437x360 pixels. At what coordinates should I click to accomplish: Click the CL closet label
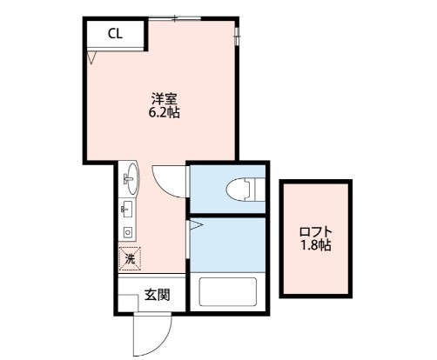point(114,34)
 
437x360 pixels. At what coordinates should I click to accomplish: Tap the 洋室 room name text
point(164,98)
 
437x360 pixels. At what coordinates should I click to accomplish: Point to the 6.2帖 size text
point(164,113)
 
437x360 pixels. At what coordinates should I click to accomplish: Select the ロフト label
point(314,231)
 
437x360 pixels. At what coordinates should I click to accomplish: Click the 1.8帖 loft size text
point(314,245)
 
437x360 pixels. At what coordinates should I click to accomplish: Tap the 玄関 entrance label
point(157,293)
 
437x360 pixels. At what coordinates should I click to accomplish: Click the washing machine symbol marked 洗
point(129,258)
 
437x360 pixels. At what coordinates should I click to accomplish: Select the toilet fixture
point(242,187)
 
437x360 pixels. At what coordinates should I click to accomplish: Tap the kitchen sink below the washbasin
point(128,209)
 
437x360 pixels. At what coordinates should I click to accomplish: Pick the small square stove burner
point(128,232)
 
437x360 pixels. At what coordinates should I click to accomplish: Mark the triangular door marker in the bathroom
point(196,227)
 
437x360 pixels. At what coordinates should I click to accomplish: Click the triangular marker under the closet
point(91,58)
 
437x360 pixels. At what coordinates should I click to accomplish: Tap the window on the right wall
point(238,34)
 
